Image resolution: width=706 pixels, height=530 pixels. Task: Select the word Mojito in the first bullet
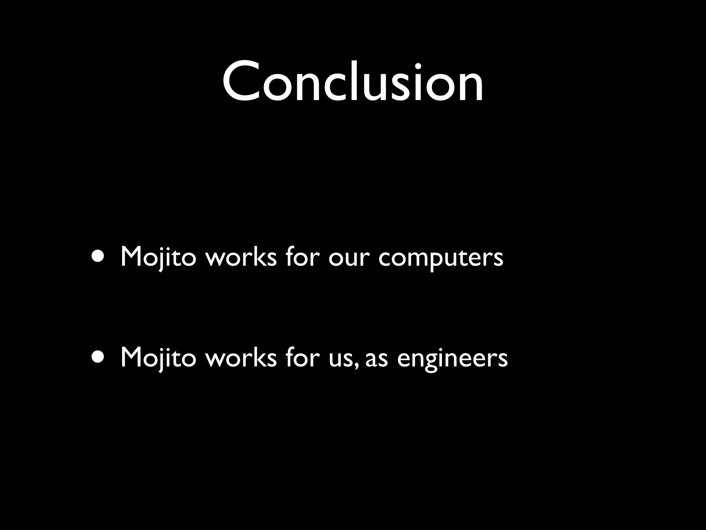[158, 257]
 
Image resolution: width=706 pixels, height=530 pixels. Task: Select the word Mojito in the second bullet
[158, 358]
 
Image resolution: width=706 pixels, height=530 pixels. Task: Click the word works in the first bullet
[241, 257]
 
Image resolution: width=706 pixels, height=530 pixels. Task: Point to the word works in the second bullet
[241, 358]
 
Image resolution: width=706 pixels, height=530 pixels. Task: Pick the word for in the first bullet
[301, 257]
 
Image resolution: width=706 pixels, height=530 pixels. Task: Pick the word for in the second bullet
[301, 358]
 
